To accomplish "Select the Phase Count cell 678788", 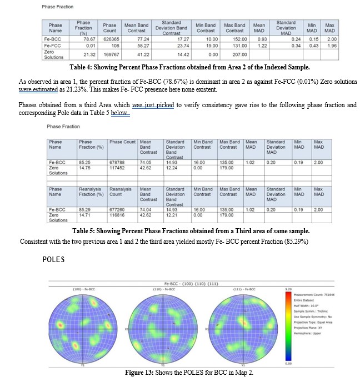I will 118,162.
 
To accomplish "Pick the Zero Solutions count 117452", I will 118,166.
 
